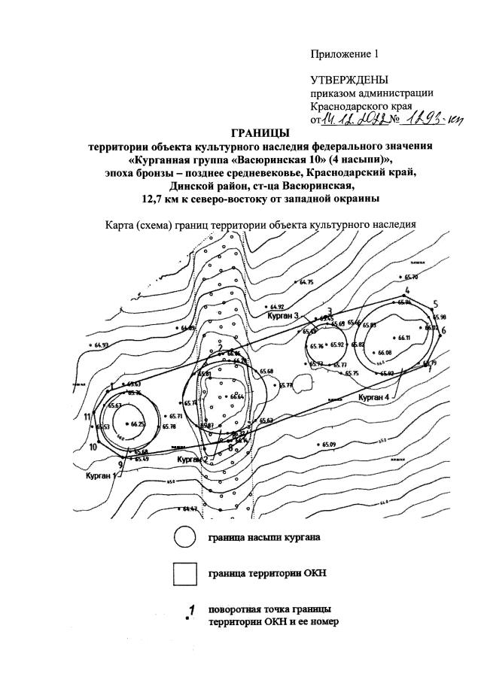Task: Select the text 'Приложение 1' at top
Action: point(343,53)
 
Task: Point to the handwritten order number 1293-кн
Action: point(432,118)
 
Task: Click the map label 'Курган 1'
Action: point(100,475)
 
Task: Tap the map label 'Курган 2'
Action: point(192,459)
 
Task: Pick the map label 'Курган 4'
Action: point(374,396)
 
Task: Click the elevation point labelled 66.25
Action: point(137,424)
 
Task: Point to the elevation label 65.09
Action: point(329,444)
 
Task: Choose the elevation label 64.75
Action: point(306,282)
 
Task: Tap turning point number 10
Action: point(93,446)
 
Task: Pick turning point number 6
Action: point(443,330)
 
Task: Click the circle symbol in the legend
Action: point(184,537)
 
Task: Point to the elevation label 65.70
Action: point(411,278)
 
